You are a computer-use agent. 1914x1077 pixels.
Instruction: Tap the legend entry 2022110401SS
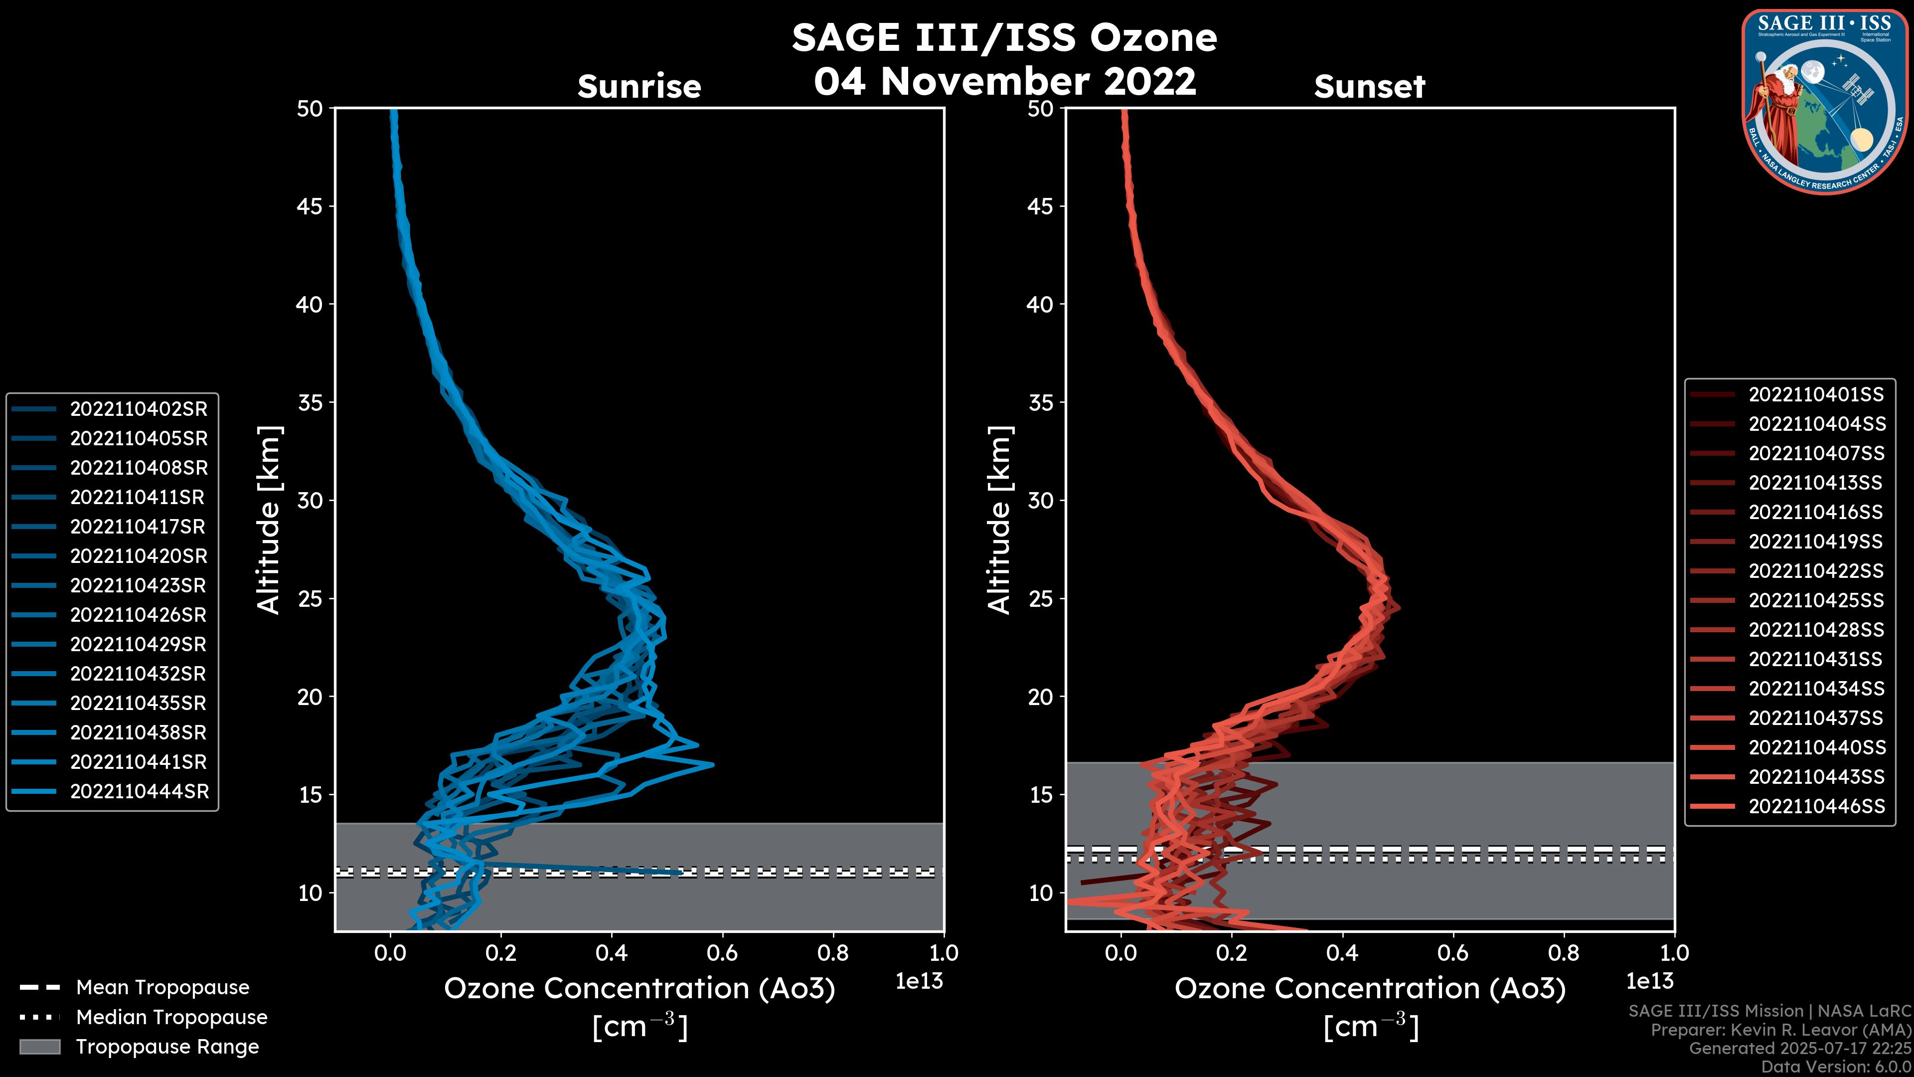point(1816,395)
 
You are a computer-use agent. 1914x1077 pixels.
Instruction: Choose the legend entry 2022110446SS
point(1816,806)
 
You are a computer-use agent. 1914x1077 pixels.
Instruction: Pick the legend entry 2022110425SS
point(1816,600)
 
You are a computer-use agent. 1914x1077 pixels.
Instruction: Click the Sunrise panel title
point(639,87)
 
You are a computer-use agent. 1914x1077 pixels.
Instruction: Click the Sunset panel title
point(1369,87)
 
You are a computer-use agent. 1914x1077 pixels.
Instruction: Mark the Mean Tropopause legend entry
point(162,988)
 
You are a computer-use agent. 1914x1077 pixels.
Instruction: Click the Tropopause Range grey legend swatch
point(39,1047)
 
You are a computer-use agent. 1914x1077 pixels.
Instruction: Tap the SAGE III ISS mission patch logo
point(1824,101)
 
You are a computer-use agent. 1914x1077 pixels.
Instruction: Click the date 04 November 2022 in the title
point(1004,81)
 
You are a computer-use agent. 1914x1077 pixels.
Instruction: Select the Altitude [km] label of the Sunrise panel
point(269,520)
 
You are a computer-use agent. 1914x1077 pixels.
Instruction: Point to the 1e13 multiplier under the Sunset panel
point(1649,982)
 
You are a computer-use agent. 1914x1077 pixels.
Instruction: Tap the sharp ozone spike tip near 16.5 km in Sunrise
point(712,764)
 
